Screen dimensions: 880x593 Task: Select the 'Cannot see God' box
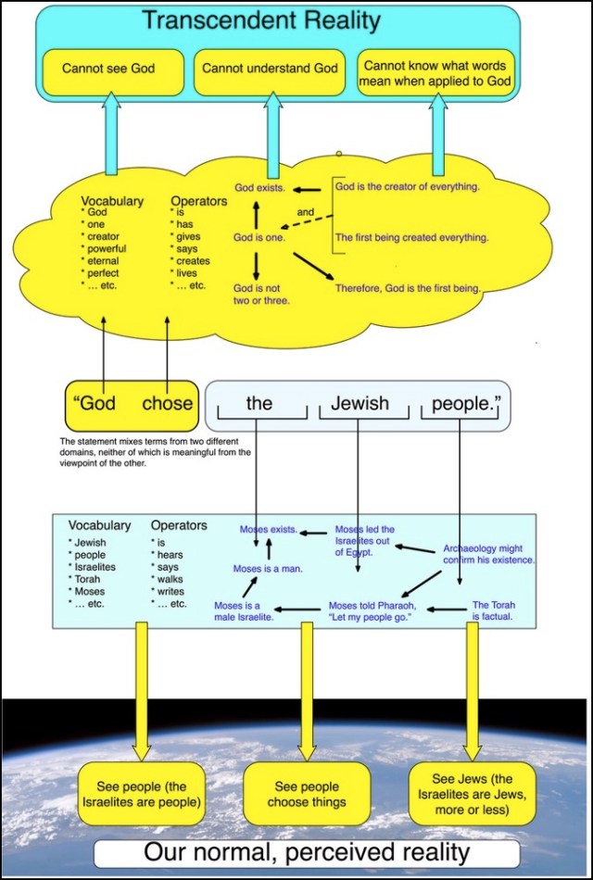108,69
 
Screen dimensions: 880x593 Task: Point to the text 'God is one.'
259,238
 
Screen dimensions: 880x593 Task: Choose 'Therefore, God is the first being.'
408,288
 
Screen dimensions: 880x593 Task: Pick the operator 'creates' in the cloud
193,261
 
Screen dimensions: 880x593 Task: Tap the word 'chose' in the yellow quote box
168,404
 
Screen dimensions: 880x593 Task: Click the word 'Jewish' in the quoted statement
360,404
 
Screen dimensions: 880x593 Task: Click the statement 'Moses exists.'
269,530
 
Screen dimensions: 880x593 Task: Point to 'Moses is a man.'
269,569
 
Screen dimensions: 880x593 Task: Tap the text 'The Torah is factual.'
494,610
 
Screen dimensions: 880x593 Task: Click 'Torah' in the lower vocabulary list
89,579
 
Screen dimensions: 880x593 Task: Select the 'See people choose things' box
307,795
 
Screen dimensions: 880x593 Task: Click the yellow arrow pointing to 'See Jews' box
472,685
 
